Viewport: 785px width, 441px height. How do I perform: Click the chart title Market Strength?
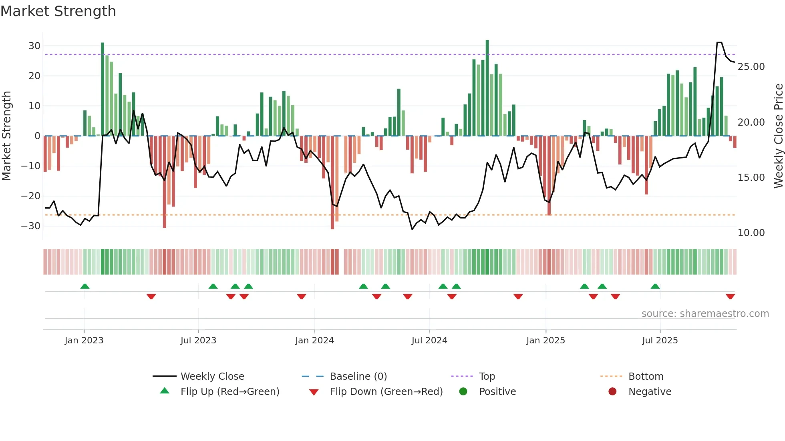click(x=58, y=11)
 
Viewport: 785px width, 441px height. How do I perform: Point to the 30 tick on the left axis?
click(x=34, y=46)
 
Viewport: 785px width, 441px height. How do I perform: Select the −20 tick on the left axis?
click(x=31, y=196)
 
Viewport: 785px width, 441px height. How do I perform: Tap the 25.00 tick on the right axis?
click(x=751, y=67)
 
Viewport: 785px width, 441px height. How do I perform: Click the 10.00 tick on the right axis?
click(x=751, y=233)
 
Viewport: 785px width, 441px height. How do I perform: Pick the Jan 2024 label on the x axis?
click(x=314, y=341)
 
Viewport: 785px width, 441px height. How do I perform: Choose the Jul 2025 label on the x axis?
click(x=660, y=341)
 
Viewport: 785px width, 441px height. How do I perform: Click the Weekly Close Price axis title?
click(x=778, y=136)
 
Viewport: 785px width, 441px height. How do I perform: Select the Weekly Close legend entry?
click(x=212, y=377)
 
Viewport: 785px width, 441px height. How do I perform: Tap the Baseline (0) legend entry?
click(x=358, y=377)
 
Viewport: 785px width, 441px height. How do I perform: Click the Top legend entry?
click(x=487, y=377)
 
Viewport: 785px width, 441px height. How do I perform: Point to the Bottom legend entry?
click(x=646, y=377)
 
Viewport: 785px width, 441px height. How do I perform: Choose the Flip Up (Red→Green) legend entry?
click(x=229, y=392)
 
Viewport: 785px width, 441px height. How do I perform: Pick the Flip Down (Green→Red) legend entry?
click(x=386, y=392)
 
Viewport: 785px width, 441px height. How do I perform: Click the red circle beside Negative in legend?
click(x=612, y=392)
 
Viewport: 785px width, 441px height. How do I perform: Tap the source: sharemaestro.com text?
click(x=705, y=314)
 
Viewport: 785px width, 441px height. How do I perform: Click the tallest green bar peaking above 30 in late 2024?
click(x=487, y=88)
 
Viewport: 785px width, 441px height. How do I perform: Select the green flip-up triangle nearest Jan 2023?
click(x=85, y=287)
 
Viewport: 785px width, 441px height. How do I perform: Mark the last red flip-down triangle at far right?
click(x=730, y=297)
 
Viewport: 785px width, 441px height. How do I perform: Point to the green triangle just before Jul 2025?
click(x=655, y=287)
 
